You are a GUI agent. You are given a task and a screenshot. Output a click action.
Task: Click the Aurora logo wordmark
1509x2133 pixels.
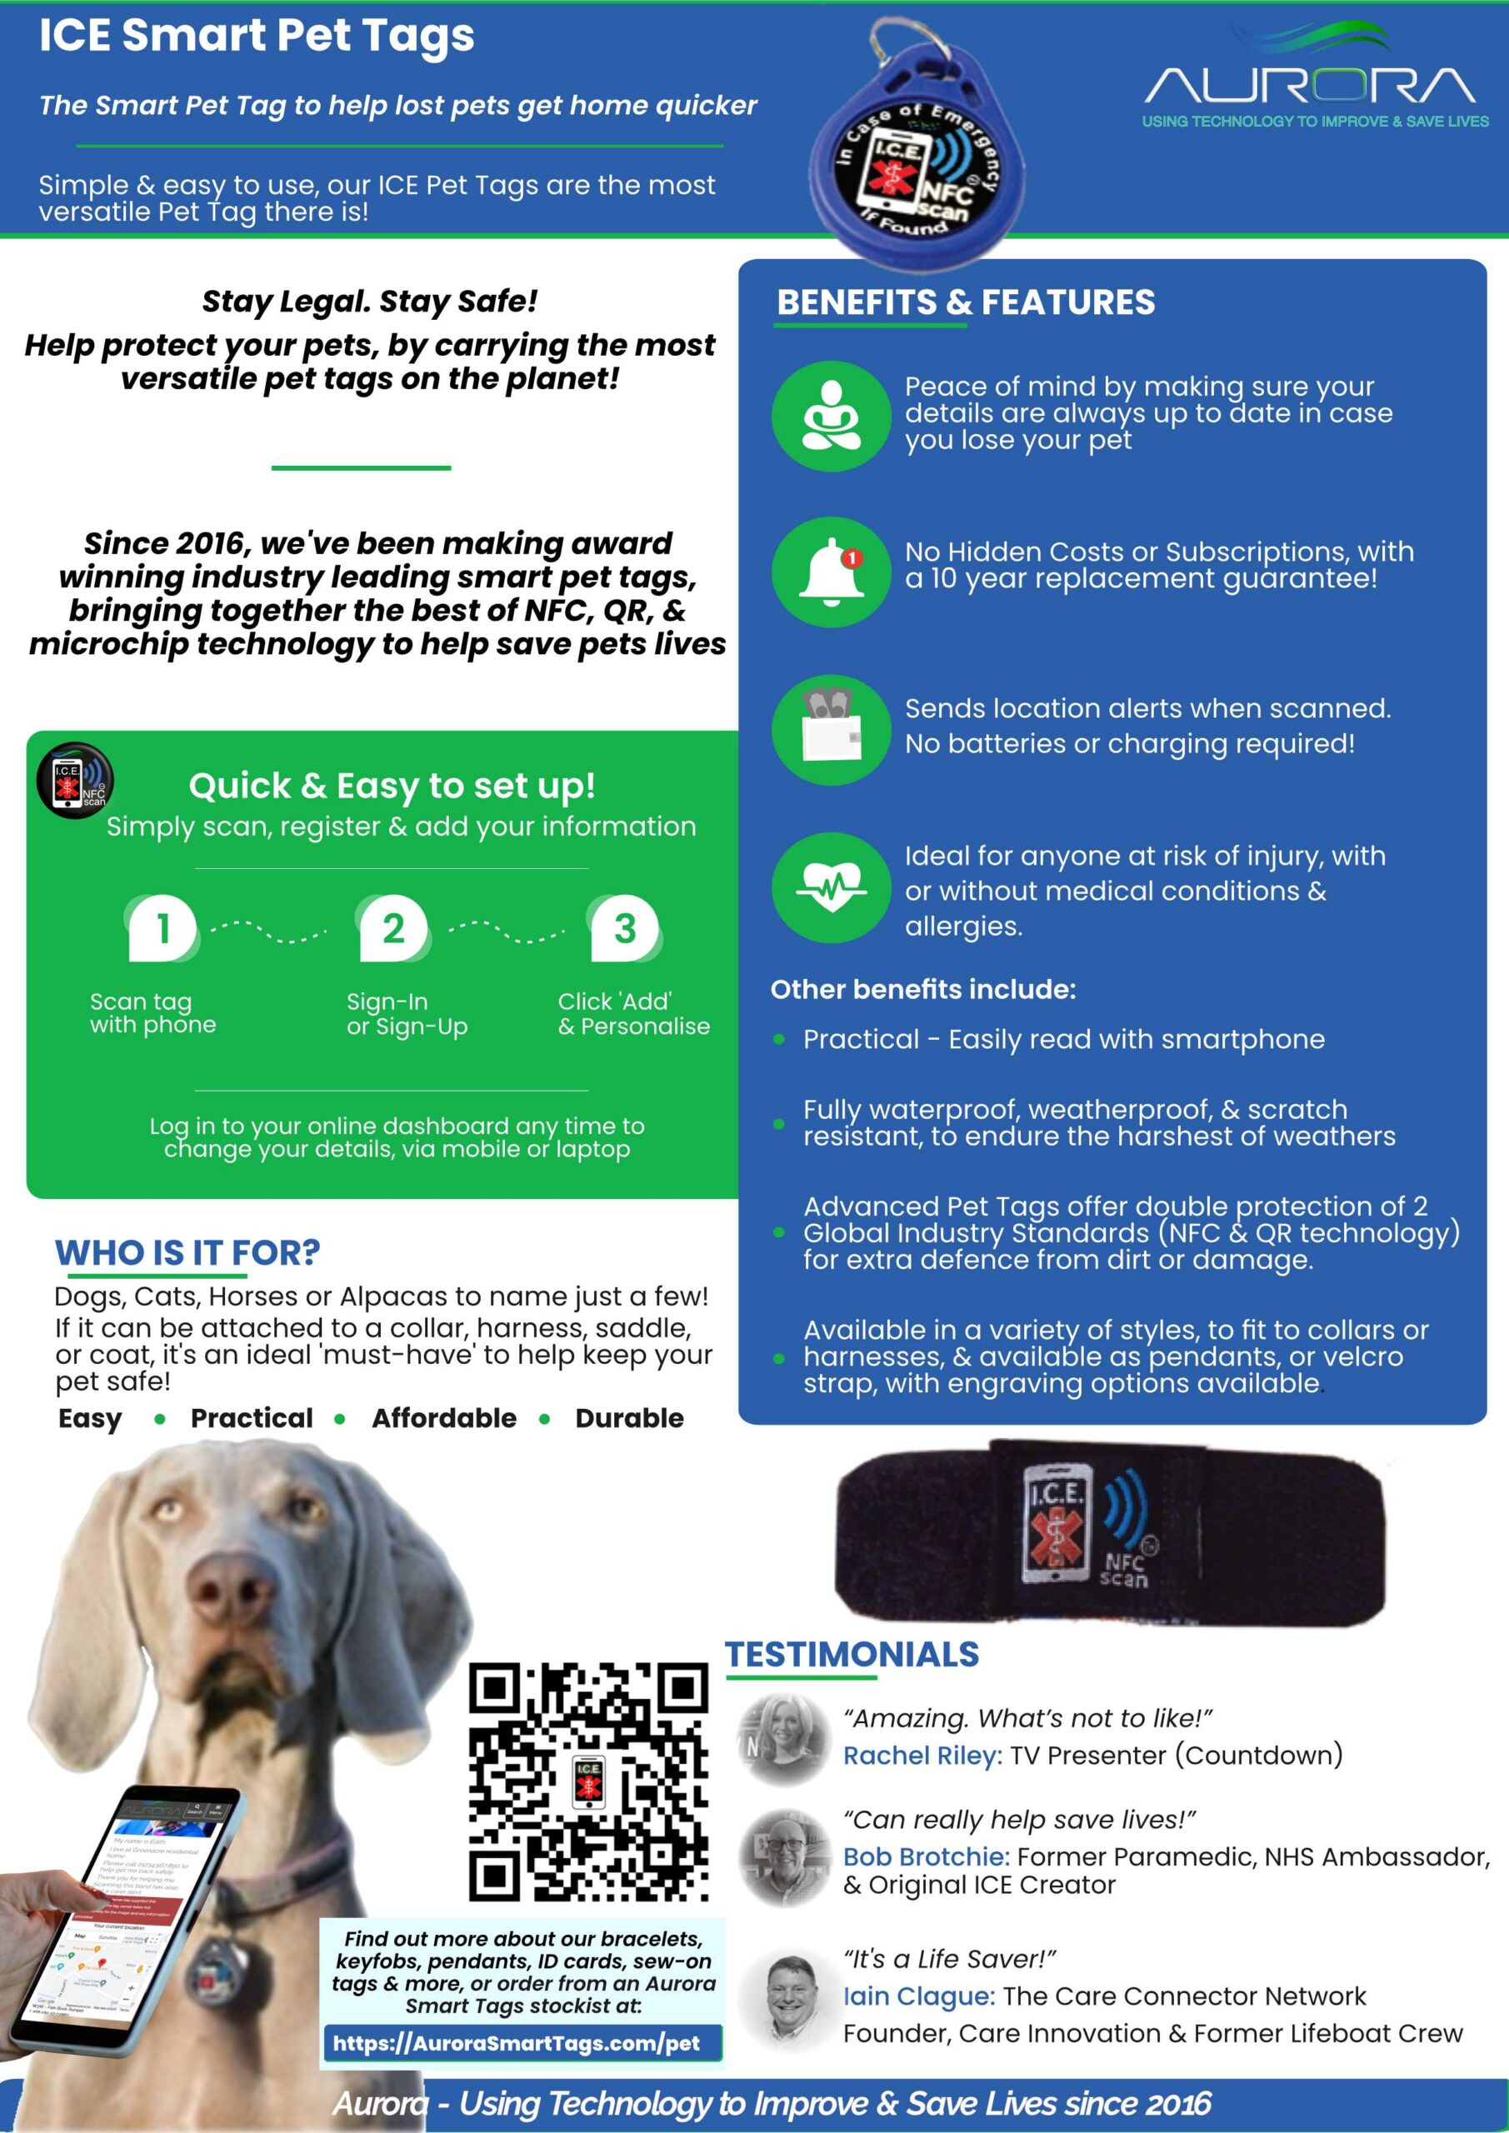point(1310,86)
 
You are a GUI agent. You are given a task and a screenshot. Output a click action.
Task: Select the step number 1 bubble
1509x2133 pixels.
point(162,928)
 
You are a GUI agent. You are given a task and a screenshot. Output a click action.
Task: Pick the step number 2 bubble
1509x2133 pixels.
point(393,928)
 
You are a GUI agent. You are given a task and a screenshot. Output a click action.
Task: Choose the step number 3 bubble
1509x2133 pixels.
point(625,928)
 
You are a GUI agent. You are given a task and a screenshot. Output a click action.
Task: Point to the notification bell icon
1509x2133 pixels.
point(831,572)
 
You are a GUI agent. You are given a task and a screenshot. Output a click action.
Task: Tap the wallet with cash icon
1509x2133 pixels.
point(831,729)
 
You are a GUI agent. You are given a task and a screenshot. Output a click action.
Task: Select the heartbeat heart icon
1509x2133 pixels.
point(831,887)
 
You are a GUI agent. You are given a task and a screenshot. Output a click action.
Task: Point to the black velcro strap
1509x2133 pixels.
point(1111,1533)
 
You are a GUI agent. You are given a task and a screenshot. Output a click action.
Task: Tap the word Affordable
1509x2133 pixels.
point(444,1417)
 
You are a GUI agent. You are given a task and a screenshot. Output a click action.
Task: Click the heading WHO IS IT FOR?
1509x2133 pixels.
point(187,1252)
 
